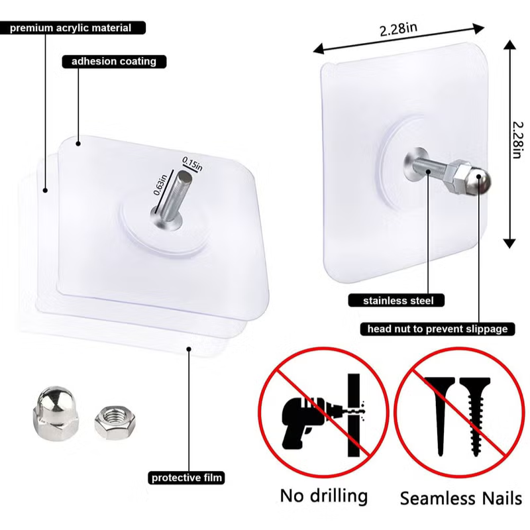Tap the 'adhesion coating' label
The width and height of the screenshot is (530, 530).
click(x=114, y=62)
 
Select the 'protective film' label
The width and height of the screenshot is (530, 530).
click(x=186, y=478)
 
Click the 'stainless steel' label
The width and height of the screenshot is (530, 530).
click(x=396, y=301)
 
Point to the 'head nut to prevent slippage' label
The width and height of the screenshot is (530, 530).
click(x=437, y=329)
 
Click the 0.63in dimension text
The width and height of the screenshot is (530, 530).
click(x=160, y=185)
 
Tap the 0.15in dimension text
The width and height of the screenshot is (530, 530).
click(x=192, y=164)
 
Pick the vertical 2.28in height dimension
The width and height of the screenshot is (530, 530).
click(x=517, y=140)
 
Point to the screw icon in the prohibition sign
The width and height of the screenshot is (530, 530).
click(x=475, y=417)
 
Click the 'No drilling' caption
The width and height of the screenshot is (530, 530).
click(x=324, y=496)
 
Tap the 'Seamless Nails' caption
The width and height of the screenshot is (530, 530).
click(x=461, y=499)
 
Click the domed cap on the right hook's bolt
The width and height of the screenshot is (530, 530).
click(x=480, y=184)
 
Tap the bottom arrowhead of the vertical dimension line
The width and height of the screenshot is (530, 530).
click(x=509, y=243)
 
